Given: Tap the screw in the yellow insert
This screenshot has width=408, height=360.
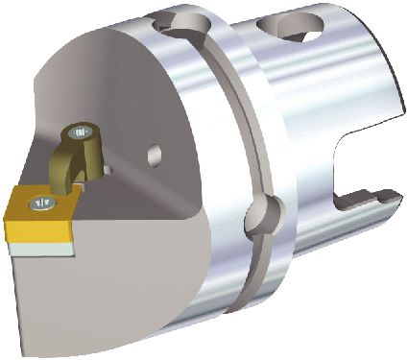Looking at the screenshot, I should (x=39, y=202).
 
